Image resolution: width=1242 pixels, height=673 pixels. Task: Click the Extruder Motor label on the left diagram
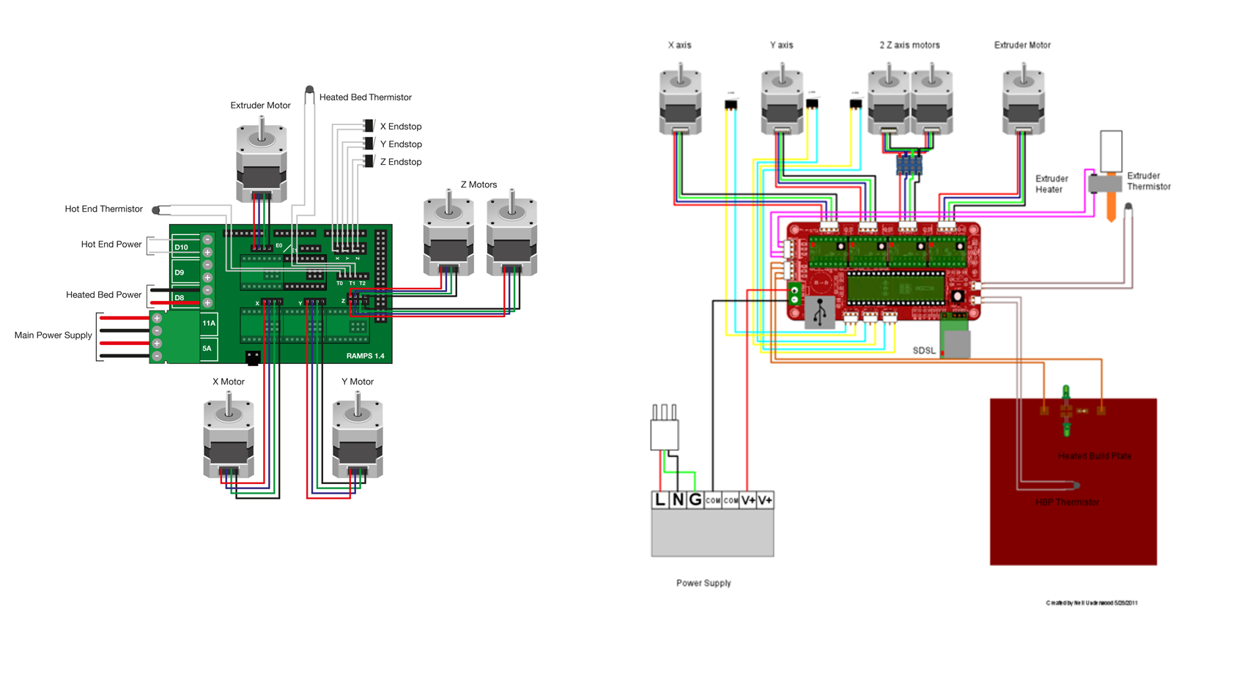(x=260, y=105)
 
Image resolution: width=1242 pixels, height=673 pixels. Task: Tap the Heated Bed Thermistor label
(x=365, y=97)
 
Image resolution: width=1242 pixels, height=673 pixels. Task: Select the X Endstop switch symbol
(x=369, y=127)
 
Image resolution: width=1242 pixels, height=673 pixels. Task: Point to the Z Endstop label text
(x=400, y=162)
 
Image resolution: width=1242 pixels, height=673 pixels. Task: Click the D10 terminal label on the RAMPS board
(x=181, y=248)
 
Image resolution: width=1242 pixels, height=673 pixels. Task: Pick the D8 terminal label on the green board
(x=180, y=298)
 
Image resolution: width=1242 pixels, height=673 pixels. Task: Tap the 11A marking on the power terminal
(x=209, y=323)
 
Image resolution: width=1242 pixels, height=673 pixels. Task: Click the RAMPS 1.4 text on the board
(x=365, y=356)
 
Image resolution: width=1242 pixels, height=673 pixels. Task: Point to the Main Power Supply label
(x=53, y=335)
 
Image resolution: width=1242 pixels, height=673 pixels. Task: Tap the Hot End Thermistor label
(x=103, y=209)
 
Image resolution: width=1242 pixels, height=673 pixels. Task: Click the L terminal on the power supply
(x=660, y=500)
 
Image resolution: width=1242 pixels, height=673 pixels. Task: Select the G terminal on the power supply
(x=695, y=500)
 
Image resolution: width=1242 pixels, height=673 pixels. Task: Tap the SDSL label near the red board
(x=923, y=351)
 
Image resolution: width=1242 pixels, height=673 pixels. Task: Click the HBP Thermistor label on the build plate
(x=1067, y=502)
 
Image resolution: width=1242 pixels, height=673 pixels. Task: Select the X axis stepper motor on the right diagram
(x=680, y=103)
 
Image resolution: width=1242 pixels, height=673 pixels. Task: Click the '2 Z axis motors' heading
(x=909, y=45)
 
